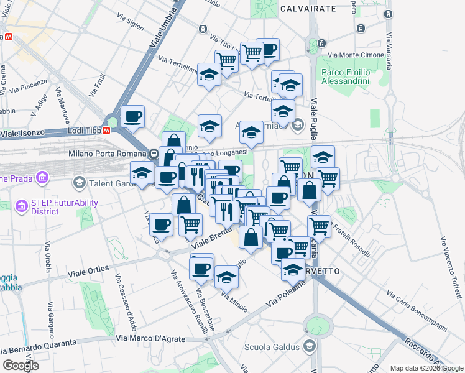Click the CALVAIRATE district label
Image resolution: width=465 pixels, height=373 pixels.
pos(308,9)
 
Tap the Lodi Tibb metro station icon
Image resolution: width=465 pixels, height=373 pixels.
pos(107,131)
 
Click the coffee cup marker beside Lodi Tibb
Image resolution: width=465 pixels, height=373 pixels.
pos(132,116)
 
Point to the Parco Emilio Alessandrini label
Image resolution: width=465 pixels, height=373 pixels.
pos(346,76)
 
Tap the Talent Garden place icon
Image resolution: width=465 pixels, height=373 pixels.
pos(79,182)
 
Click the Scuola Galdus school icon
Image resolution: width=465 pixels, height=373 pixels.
pos(310,346)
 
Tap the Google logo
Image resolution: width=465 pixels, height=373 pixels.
pos(20,366)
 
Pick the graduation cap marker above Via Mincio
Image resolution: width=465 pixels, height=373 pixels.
pos(227,277)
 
